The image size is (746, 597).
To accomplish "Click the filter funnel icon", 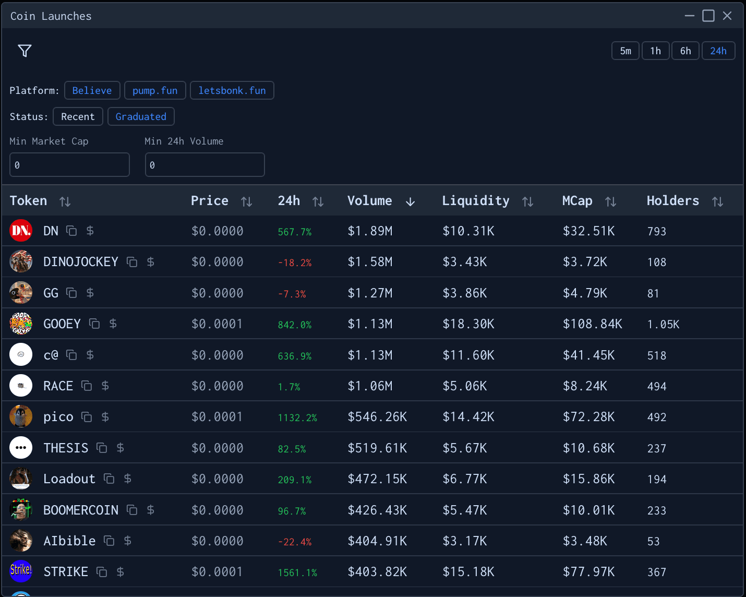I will (x=25, y=51).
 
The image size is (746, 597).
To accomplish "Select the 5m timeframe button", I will (x=625, y=51).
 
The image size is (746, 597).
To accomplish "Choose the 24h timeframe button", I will (x=718, y=51).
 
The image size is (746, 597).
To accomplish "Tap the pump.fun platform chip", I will (x=155, y=90).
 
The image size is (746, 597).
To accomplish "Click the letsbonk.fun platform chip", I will (x=232, y=90).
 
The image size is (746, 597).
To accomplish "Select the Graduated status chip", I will (x=141, y=116).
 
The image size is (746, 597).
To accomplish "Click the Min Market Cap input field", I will (x=69, y=165).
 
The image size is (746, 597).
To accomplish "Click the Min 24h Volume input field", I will (x=204, y=165).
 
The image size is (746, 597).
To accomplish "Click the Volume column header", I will (x=370, y=201).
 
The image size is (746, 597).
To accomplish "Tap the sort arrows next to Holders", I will (x=717, y=201).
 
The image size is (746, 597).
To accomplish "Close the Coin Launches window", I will (x=727, y=16).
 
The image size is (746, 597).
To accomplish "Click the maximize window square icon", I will (x=708, y=16).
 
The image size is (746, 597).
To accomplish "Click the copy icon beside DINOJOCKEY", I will (x=133, y=262).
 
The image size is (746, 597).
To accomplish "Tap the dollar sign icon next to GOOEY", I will (x=113, y=324).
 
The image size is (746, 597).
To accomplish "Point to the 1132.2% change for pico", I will (x=297, y=417).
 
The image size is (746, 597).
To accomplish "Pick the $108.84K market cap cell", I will (x=592, y=324).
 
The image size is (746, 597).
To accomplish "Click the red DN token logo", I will (x=21, y=231).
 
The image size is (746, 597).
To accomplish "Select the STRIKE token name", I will (x=66, y=572).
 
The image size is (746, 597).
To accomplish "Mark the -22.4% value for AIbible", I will (x=295, y=542).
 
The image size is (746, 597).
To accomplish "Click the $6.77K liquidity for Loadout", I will (x=464, y=479).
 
